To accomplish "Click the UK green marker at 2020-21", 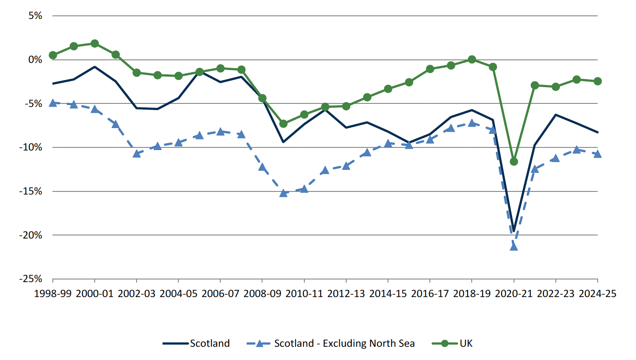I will click(514, 162).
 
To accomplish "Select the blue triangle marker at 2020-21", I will click(514, 246).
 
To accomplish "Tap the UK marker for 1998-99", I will click(53, 55).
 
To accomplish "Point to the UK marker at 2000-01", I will click(95, 44).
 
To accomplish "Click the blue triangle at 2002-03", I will click(137, 153).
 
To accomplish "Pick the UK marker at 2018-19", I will click(472, 59).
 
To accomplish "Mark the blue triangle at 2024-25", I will click(598, 154).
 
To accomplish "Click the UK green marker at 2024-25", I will click(598, 81).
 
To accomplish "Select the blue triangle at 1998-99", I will click(53, 103).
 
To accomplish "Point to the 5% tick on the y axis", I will click(35, 16).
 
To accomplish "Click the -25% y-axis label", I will click(30, 279).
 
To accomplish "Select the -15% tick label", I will click(30, 191).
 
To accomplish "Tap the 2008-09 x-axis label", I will click(262, 294).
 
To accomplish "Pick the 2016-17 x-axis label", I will click(429, 294).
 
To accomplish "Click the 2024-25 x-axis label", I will click(597, 294).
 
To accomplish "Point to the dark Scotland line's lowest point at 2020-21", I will click(514, 231).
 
